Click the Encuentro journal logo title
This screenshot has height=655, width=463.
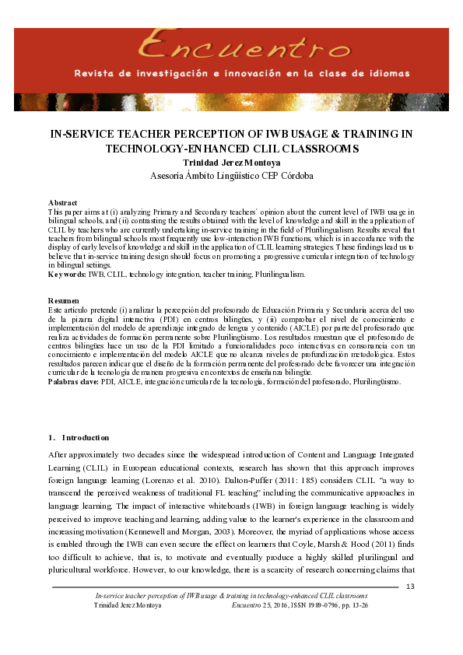coord(230,48)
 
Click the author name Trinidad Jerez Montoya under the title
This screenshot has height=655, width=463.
coord(232,163)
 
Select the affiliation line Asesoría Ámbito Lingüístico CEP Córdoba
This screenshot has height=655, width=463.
coord(232,175)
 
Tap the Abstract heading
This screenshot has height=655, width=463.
coord(62,202)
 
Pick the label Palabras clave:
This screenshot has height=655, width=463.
coord(73,382)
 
